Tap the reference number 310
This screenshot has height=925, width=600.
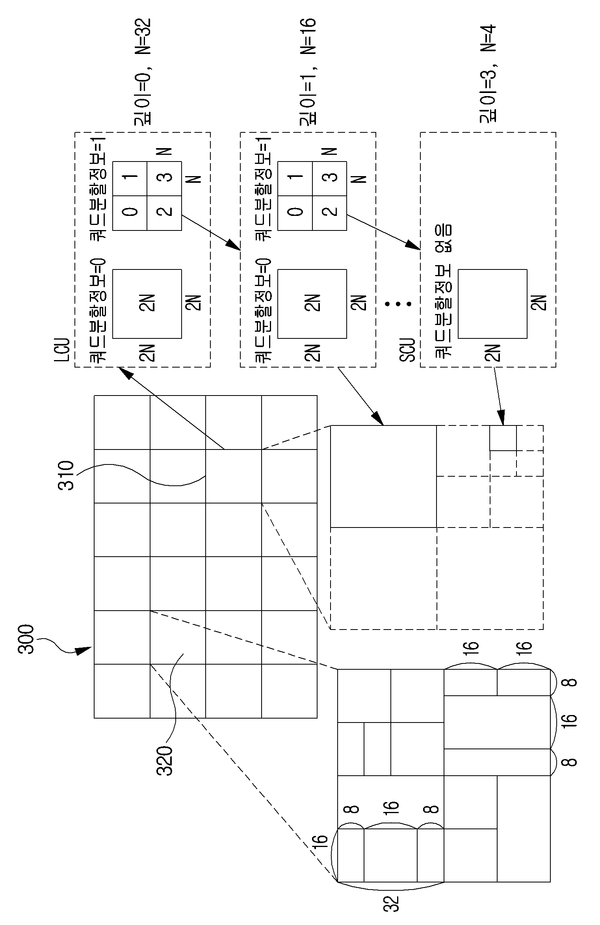66,476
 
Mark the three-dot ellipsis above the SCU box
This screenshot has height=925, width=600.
398,304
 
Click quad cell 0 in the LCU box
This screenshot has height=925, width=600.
130,213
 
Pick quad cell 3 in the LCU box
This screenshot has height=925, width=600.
164,178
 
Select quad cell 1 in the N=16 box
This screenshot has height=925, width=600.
295,178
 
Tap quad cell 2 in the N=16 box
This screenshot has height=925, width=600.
330,213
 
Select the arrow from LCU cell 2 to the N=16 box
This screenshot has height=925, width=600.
211,232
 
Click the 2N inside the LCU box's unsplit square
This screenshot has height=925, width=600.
147,304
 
